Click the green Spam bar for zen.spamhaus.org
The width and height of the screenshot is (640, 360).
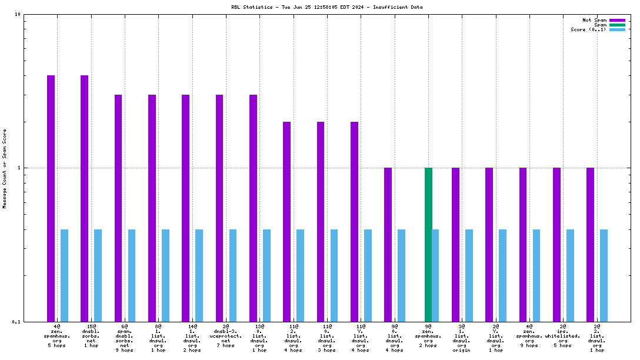pyautogui.click(x=428, y=244)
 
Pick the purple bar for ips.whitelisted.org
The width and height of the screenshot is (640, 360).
pyautogui.click(x=556, y=244)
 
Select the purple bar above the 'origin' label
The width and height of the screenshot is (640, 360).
pyautogui.click(x=455, y=244)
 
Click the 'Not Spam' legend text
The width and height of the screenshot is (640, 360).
pyautogui.click(x=594, y=20)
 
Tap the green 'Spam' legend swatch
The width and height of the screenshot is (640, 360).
pyautogui.click(x=617, y=25)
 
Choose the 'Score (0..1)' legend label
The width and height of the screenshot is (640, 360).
pyautogui.click(x=588, y=29)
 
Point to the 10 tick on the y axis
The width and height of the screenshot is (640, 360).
pyautogui.click(x=18, y=14)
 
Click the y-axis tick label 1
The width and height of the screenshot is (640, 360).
pyautogui.click(x=19, y=168)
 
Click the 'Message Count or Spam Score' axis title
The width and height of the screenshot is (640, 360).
pyautogui.click(x=5, y=168)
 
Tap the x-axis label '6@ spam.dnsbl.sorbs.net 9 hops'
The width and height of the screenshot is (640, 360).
pyautogui.click(x=125, y=338)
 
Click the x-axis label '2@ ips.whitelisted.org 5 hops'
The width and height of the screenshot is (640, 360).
pyautogui.click(x=563, y=335)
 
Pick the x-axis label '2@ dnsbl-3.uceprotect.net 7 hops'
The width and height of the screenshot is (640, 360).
pyautogui.click(x=226, y=335)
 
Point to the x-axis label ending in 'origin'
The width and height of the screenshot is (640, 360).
pyautogui.click(x=462, y=338)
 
